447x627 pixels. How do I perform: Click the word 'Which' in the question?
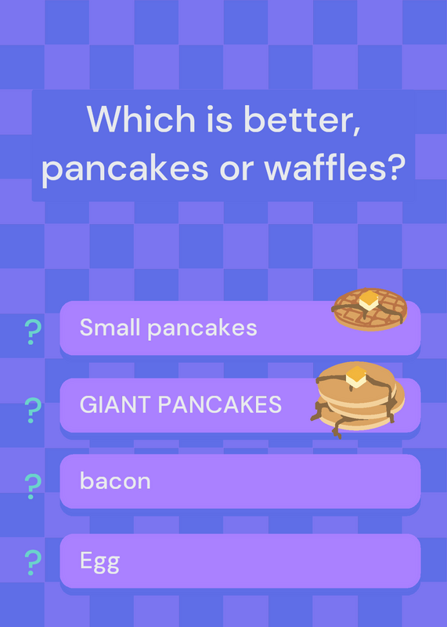coord(141,119)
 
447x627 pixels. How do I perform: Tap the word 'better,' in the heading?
coord(302,120)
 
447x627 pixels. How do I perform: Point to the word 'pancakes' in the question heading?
coord(124,169)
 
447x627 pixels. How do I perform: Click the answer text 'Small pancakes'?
coord(168,328)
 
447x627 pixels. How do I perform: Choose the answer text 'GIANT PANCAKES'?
coord(181,404)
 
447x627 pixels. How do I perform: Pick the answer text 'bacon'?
coord(115,480)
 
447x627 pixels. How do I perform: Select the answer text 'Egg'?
coord(99,561)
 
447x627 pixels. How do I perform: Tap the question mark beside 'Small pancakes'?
coord(33,332)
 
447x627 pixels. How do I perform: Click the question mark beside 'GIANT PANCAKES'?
coord(33,410)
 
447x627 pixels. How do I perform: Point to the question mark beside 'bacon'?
coord(33,486)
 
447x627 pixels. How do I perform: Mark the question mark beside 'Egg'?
coord(33,563)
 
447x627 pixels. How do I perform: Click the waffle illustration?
coord(369,310)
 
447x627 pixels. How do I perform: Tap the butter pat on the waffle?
coord(369,300)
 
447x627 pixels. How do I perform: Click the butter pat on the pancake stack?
coord(356,377)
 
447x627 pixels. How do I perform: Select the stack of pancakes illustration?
coord(358,399)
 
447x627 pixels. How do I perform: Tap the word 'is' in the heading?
coord(219,119)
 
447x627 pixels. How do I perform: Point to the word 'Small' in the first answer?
coord(110,327)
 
